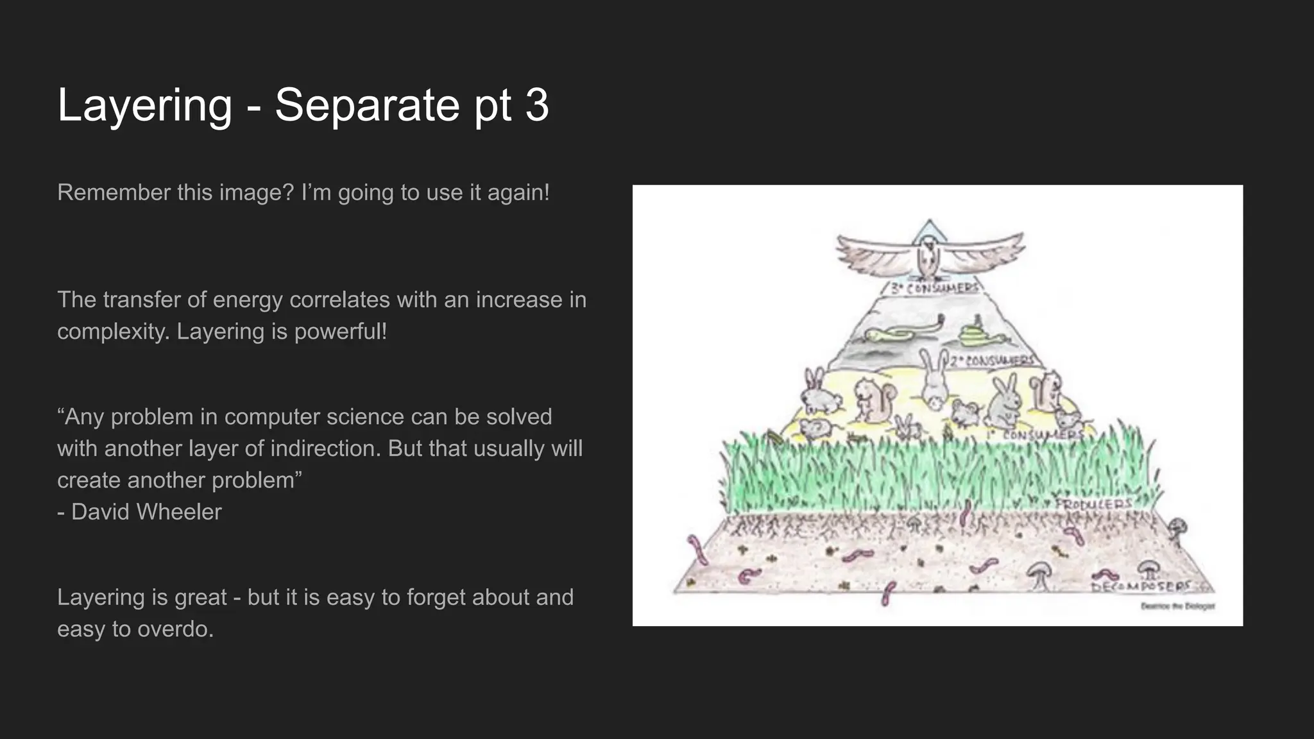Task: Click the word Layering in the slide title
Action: click(x=144, y=105)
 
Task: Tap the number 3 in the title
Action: click(x=537, y=105)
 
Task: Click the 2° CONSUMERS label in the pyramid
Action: click(x=992, y=361)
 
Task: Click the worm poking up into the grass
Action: click(x=967, y=513)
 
